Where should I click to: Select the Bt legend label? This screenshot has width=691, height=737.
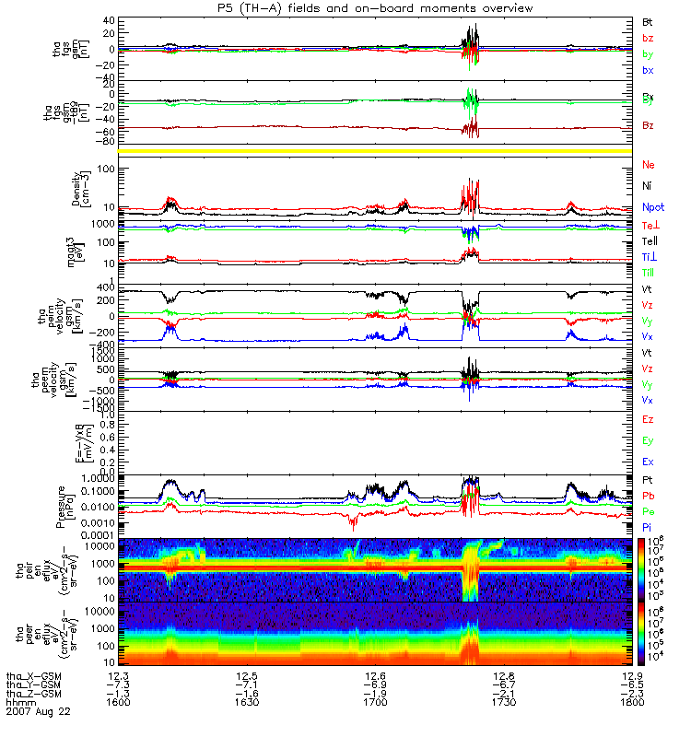648,20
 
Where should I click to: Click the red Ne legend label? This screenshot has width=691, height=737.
649,165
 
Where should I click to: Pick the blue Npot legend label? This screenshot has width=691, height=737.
652,206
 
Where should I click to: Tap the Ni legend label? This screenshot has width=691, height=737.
648,185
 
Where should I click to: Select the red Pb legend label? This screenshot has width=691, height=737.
649,496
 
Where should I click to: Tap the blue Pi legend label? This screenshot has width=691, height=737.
648,526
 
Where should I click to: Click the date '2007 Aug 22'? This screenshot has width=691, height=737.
38,712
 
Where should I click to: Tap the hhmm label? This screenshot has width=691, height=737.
20,703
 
